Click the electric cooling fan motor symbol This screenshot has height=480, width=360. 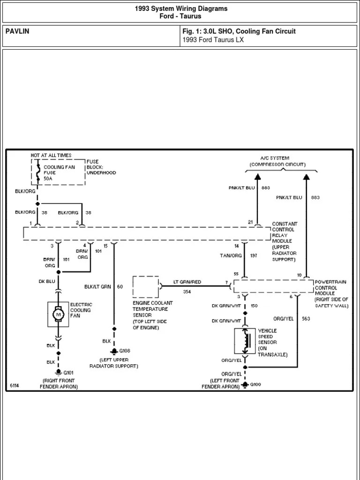pos(58,314)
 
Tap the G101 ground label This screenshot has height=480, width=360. pos(68,373)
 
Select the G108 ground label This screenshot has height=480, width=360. pos(125,351)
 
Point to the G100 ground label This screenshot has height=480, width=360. pos(255,384)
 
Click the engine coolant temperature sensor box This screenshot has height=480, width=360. pos(146,287)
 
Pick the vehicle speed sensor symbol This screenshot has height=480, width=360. pos(245,341)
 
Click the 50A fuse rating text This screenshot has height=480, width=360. pos(48,179)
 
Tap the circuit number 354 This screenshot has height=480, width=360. pos(187,292)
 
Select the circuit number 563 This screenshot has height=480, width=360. pos(306,319)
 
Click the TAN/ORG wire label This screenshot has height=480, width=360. pos(231,255)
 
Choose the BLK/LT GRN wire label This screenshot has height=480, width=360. pos(97,287)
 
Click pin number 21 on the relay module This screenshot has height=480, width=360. pos(250,222)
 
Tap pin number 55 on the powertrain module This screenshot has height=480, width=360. pos(236,274)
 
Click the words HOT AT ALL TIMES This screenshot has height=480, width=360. pos(51,155)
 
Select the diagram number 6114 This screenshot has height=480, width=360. pos(15,385)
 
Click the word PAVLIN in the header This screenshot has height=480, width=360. pos(17,31)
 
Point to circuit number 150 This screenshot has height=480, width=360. pos(254,306)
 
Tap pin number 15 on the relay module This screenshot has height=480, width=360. pos(105,246)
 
